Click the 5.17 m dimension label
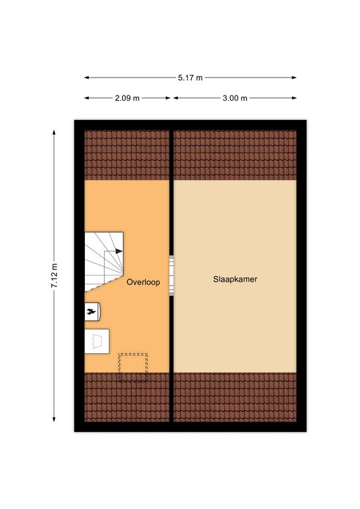(x=190, y=78)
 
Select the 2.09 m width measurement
(x=127, y=98)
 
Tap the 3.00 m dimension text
(x=235, y=98)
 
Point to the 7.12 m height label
(x=54, y=276)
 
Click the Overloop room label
(x=143, y=282)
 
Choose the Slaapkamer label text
(x=235, y=279)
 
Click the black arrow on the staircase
(x=119, y=251)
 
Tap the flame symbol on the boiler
(x=91, y=312)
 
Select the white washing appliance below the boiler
(x=97, y=341)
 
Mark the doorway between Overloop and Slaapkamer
(x=172, y=276)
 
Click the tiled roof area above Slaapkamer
(x=235, y=155)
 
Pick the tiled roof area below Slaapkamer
(x=235, y=397)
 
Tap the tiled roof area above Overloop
(x=127, y=155)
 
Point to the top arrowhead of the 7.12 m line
(x=54, y=132)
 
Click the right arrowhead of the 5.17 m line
(x=294, y=78)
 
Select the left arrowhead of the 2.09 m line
(x=87, y=97)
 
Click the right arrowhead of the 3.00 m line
(x=294, y=97)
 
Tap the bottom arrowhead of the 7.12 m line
(x=54, y=420)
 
